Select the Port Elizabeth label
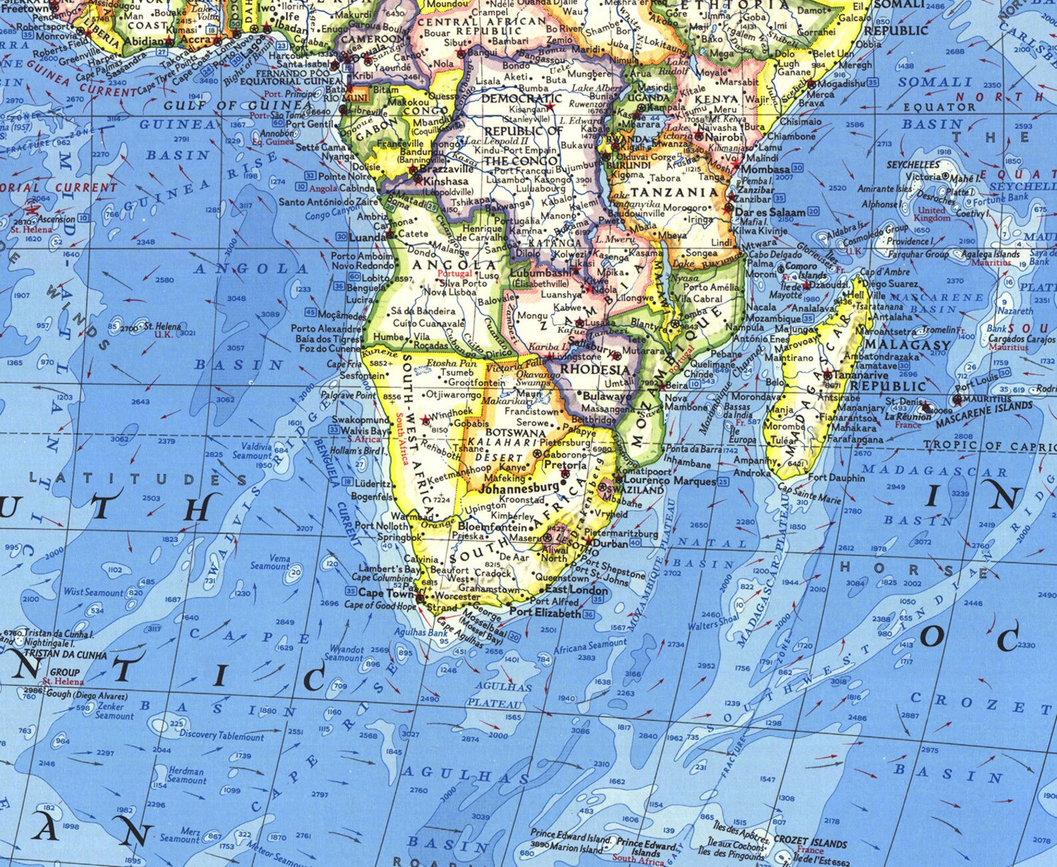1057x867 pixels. tap(545, 613)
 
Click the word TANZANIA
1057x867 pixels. tap(675, 192)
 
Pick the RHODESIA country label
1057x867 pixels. tap(595, 370)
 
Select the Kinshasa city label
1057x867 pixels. tap(445, 180)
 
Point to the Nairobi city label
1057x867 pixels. tap(718, 137)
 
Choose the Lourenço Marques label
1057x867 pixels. tap(669, 480)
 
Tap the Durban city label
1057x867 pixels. tap(610, 543)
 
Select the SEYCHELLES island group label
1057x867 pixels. tap(913, 164)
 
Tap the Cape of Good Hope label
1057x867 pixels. tap(380, 605)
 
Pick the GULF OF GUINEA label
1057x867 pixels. tap(238, 105)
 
